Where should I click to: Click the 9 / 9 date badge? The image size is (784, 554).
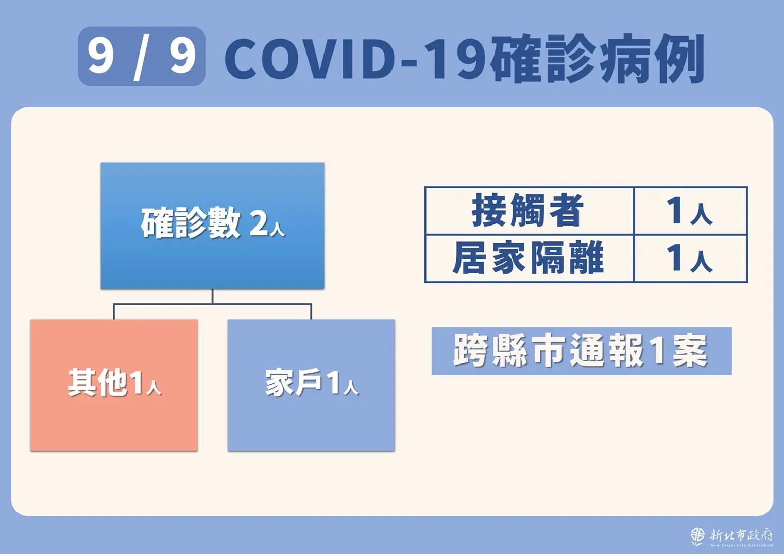tap(142, 56)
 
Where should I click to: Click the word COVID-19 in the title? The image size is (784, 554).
tap(357, 59)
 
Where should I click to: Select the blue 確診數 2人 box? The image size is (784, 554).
tap(212, 226)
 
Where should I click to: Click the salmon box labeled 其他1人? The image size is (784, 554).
tap(114, 385)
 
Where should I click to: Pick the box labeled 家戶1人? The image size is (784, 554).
tap(311, 385)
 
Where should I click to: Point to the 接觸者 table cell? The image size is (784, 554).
tap(529, 211)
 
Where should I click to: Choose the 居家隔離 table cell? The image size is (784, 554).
tap(529, 258)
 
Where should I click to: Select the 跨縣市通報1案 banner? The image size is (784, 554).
tap(582, 351)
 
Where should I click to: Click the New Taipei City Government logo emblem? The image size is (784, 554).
tap(697, 536)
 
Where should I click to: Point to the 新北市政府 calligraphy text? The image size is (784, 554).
tap(741, 535)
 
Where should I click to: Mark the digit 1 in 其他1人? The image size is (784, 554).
tap(137, 384)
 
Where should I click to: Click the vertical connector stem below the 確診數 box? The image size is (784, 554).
tap(212, 297)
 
